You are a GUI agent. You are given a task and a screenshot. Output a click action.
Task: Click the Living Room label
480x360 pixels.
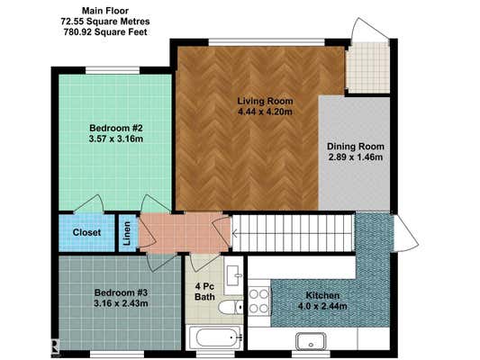click(x=265, y=101)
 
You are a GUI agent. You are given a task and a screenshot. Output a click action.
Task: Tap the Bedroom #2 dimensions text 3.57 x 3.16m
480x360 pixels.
click(x=116, y=139)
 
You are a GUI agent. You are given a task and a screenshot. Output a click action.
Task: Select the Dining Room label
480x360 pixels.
click(x=356, y=147)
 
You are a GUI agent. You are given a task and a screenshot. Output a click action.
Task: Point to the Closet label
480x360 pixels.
click(x=86, y=232)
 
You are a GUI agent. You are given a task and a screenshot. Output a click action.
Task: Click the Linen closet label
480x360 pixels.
click(x=127, y=233)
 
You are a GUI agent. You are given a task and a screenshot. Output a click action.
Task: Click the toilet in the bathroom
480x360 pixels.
click(x=231, y=307)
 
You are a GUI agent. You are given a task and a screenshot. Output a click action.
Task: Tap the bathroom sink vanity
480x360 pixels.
click(x=234, y=275)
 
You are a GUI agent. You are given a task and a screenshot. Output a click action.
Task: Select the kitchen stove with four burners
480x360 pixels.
click(x=259, y=301)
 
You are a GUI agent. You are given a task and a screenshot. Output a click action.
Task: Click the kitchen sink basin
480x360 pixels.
click(x=310, y=341)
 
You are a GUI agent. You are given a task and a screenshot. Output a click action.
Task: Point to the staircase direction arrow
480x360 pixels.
click(x=235, y=234)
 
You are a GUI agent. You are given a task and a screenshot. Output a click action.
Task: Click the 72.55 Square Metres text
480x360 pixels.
click(x=105, y=22)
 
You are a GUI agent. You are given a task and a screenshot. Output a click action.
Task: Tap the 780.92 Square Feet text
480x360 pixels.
click(x=105, y=31)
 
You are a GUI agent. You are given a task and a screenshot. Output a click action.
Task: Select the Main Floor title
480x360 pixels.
click(x=105, y=11)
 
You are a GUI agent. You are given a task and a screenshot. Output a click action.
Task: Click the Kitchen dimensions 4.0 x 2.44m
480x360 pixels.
click(x=322, y=306)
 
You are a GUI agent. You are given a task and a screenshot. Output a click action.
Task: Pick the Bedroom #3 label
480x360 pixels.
click(x=121, y=292)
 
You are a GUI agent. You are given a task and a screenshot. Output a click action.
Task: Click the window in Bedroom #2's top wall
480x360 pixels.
click(x=113, y=70)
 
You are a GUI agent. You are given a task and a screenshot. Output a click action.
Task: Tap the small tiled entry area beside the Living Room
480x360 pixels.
click(x=369, y=67)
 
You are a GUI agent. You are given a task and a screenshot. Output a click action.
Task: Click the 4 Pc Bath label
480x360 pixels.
click(x=204, y=292)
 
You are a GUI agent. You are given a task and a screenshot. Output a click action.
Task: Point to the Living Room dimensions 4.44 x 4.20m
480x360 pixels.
click(x=265, y=112)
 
